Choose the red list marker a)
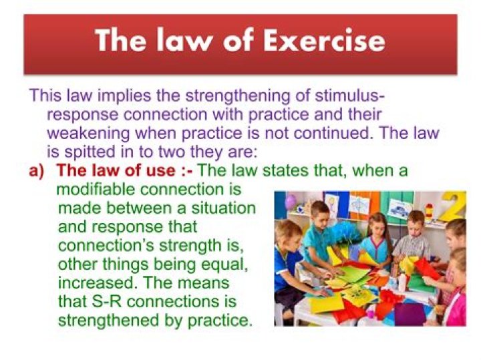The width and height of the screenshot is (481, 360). pyautogui.click(x=37, y=171)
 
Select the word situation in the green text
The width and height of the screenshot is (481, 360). pyautogui.click(x=217, y=208)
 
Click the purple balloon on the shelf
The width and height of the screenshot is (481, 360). pyautogui.click(x=291, y=202)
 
